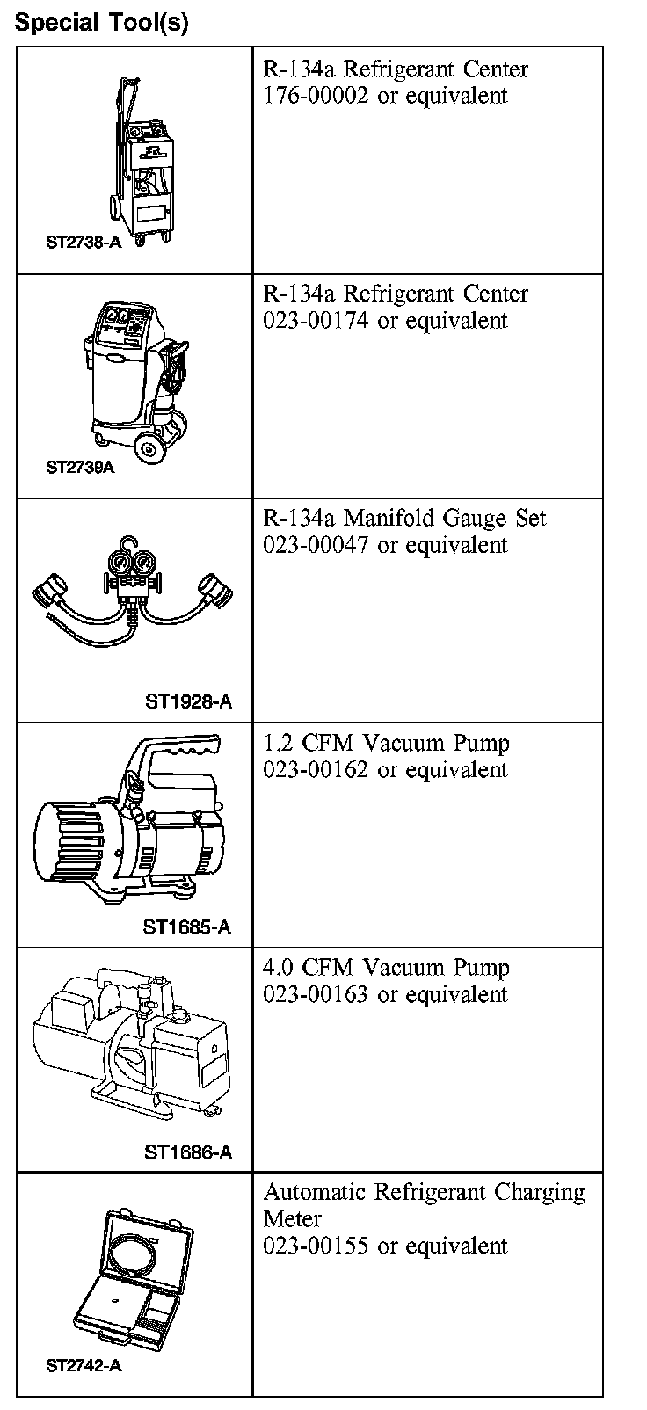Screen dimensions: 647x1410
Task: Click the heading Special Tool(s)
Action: click(101, 22)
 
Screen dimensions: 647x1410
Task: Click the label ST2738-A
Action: click(83, 242)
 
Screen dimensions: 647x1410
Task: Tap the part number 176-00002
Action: click(316, 96)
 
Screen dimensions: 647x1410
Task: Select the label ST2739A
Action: click(80, 467)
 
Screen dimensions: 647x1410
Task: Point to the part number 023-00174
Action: click(316, 321)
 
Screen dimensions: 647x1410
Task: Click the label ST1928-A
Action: click(188, 701)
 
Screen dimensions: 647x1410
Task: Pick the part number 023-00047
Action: click(316, 545)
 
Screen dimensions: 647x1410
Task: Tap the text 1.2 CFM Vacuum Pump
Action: click(386, 743)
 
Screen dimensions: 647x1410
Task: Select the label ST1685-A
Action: click(187, 927)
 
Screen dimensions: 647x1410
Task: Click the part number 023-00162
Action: click(316, 770)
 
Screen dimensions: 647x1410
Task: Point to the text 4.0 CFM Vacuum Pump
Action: click(386, 968)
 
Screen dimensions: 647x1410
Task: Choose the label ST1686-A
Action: click(188, 1152)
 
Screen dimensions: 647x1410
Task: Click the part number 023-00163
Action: click(316, 995)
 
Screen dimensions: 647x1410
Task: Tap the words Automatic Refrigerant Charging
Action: click(424, 1193)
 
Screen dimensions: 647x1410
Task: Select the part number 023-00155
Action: click(316, 1246)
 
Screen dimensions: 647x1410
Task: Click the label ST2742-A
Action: click(83, 1366)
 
